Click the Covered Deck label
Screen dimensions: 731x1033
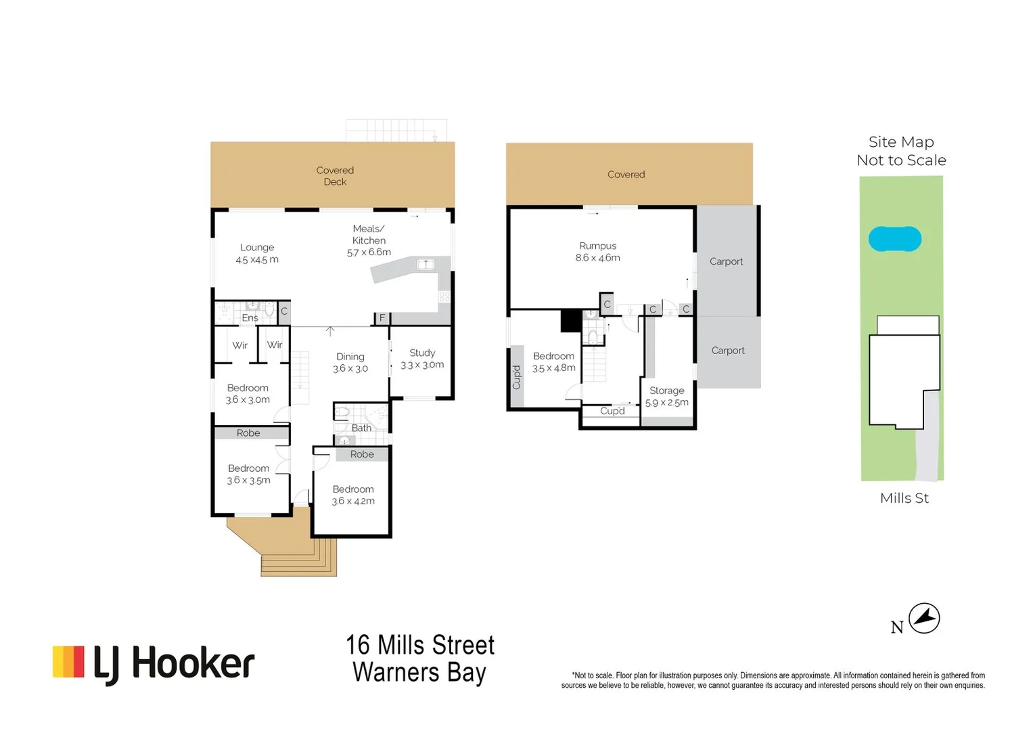click(335, 176)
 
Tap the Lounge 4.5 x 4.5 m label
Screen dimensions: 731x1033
click(257, 253)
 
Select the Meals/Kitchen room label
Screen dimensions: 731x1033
click(369, 240)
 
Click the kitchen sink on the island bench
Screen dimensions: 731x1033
click(426, 265)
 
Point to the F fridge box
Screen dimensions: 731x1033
click(382, 317)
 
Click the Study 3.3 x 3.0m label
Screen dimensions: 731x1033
click(422, 359)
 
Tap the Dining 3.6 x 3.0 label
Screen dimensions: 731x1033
click(350, 362)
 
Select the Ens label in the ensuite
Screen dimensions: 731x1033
click(250, 317)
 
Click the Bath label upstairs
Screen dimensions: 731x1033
click(361, 428)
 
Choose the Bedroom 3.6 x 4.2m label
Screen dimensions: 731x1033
click(353, 495)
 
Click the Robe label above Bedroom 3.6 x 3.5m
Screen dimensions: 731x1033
click(248, 433)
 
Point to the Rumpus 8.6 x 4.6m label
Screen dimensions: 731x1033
click(598, 252)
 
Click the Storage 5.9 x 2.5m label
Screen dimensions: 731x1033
click(667, 397)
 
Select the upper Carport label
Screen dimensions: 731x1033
click(726, 261)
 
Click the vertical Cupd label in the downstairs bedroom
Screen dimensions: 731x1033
click(517, 377)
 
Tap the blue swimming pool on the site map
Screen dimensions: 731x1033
click(895, 239)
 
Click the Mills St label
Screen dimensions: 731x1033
click(904, 498)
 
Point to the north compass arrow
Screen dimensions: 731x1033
click(924, 618)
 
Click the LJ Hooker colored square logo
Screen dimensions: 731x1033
click(68, 662)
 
